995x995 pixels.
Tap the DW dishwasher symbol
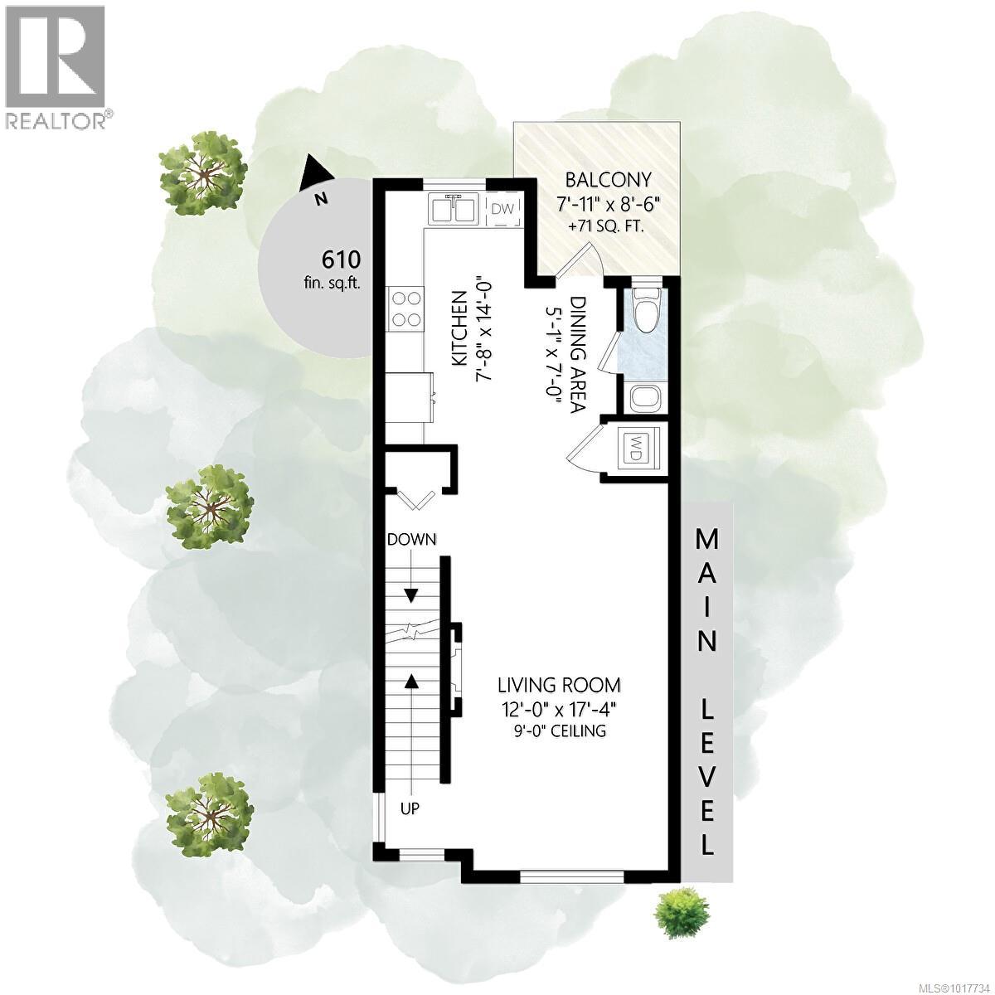pos(502,210)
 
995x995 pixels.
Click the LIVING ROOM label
pos(558,685)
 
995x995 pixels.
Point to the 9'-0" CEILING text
pos(558,730)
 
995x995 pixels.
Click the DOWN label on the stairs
pos(411,539)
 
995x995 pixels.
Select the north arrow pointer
pos(318,171)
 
